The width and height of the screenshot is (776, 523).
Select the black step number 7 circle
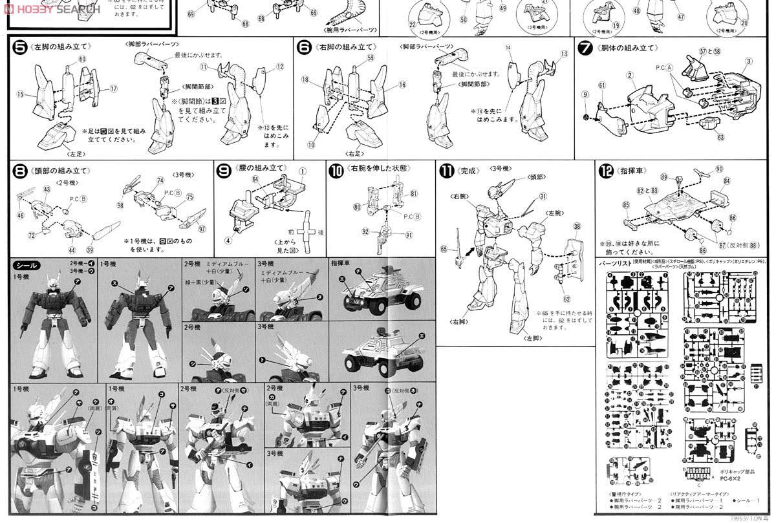point(586,48)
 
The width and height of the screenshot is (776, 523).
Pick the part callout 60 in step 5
point(82,59)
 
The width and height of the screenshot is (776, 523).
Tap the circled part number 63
point(720,137)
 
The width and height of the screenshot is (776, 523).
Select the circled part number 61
point(601,85)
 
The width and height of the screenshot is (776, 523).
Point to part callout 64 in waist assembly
point(255,178)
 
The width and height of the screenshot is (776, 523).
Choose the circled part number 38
point(577,226)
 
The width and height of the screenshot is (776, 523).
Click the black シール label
point(27,265)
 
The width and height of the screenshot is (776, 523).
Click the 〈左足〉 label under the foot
point(59,154)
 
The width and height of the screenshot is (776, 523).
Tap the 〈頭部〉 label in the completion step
point(537,176)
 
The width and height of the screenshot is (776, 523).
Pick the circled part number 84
point(726,181)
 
